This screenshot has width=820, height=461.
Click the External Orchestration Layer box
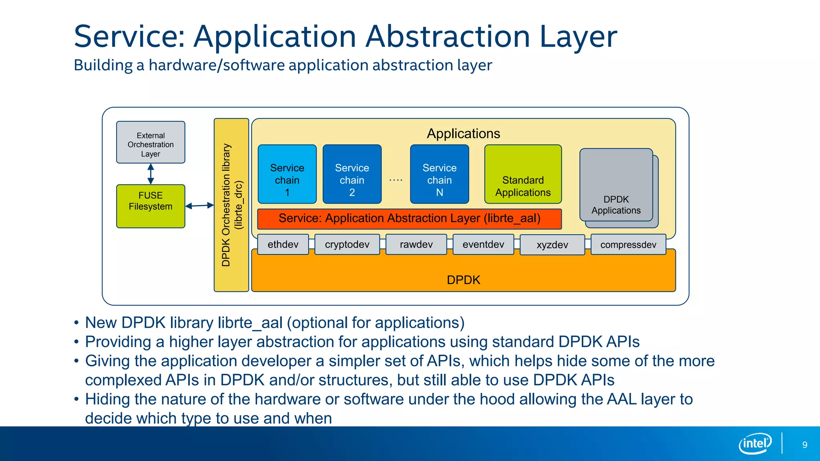point(151,142)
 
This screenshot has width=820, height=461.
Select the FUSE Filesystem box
point(151,206)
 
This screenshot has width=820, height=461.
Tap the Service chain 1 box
point(287,174)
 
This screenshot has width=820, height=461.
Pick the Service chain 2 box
point(352,174)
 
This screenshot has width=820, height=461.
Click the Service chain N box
point(439,174)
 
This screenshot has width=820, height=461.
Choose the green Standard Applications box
point(523,174)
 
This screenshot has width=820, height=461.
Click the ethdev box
point(283,245)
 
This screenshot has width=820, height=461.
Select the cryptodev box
point(347,245)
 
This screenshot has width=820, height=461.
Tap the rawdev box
point(416,245)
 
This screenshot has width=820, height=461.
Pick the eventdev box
point(483,245)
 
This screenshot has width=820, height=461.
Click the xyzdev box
point(552,245)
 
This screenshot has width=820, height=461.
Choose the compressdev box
point(628,245)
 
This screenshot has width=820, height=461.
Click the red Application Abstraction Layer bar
point(409,218)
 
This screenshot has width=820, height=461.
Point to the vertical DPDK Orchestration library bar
point(231,205)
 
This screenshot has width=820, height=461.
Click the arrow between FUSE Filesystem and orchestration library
point(199,206)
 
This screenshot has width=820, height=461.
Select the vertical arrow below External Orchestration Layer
point(151,174)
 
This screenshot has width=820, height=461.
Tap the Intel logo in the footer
point(755,443)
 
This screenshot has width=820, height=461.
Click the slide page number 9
point(804,445)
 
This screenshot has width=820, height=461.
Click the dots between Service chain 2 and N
point(396,180)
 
